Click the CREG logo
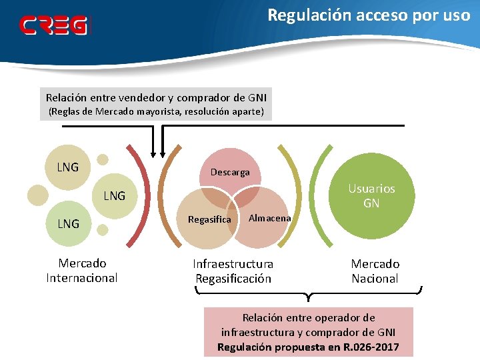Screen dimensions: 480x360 tap(53, 25)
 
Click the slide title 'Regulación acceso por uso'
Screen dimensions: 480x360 tap(369, 15)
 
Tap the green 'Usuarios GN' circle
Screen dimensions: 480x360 tap(371, 196)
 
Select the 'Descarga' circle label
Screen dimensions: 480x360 tap(230, 172)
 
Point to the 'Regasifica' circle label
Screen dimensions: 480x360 tap(209, 219)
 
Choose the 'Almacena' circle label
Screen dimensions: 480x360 tap(269, 218)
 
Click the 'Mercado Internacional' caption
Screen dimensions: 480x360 tap(81, 271)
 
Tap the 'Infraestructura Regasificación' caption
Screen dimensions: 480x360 tap(233, 271)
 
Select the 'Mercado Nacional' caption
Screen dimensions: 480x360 tap(375, 271)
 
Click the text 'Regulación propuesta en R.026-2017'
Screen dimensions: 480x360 tap(309, 347)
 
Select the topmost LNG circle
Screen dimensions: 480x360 tap(67, 167)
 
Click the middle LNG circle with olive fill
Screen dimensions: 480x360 tap(114, 196)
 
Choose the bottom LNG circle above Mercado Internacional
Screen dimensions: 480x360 tap(68, 223)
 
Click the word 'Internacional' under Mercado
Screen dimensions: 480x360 tap(81, 278)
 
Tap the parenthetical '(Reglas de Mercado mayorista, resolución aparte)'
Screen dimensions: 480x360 tap(156, 112)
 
